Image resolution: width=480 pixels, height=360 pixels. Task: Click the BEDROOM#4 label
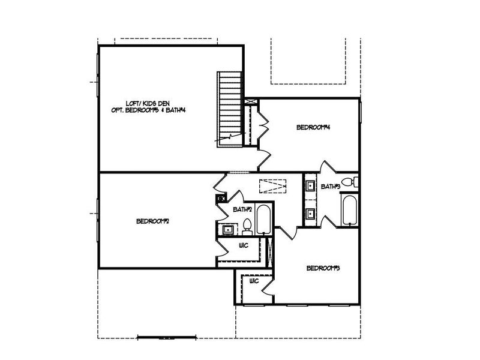pos(314,127)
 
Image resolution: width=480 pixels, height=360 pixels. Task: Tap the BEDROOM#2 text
pos(152,221)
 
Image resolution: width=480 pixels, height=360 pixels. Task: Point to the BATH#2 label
pos(242,209)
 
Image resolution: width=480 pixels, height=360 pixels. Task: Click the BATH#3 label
pos(330,187)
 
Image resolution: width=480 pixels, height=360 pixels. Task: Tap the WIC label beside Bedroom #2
pos(244,246)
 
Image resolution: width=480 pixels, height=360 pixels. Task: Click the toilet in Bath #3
pos(347,182)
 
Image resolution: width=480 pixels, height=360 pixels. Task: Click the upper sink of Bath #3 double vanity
pos(310,185)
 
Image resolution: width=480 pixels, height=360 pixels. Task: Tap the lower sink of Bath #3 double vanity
pos(310,212)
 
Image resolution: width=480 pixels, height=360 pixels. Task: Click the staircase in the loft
pos(230,108)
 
